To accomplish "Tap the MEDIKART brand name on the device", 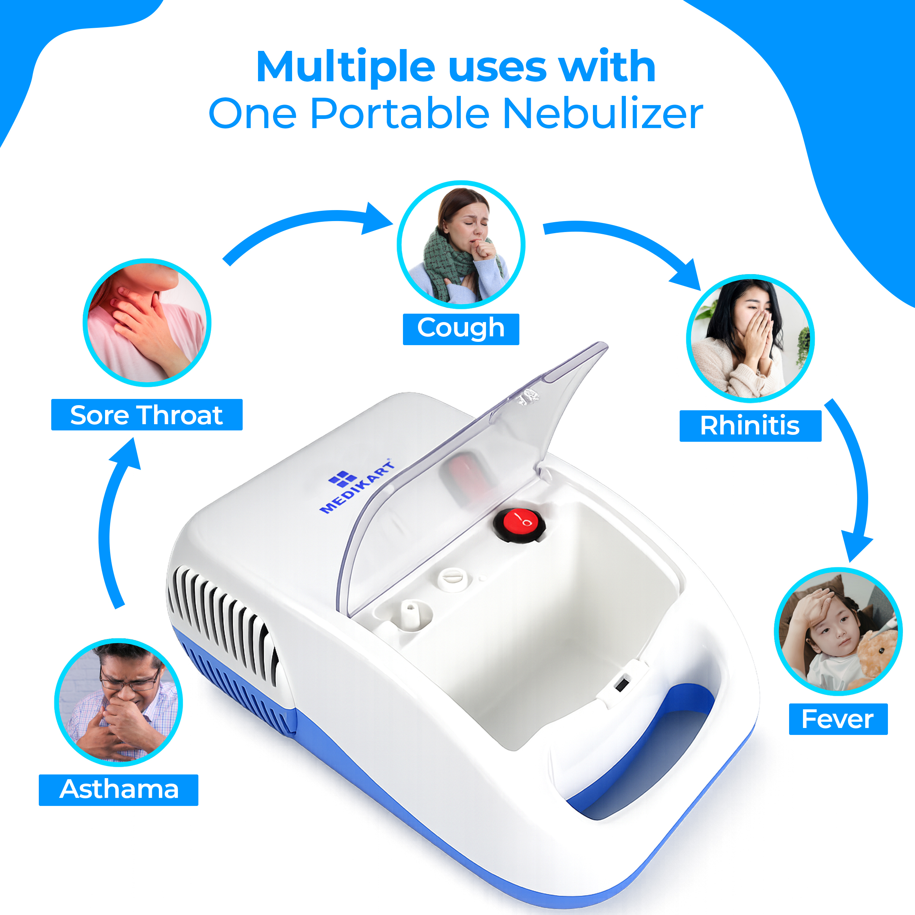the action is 358,488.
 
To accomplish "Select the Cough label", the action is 461,329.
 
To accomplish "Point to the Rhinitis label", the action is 750,426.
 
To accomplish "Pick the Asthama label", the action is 118,790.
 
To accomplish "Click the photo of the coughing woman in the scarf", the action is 461,244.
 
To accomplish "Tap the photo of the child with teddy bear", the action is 838,631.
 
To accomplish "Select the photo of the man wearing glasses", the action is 118,702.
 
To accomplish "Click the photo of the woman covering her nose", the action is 750,338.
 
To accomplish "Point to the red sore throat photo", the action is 147,322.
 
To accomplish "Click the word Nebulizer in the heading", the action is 602,114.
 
